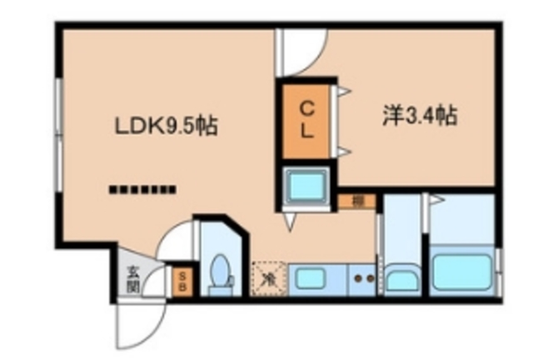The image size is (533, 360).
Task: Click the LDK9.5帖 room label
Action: point(166,127)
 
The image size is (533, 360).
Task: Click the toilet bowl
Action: point(221,273)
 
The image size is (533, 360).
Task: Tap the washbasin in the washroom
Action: point(401,278)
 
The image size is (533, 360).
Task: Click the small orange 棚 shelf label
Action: point(356,201)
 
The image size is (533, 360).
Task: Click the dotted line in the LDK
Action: point(143,188)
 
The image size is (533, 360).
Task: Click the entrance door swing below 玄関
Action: point(138,321)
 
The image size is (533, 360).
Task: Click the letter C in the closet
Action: point(306,107)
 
